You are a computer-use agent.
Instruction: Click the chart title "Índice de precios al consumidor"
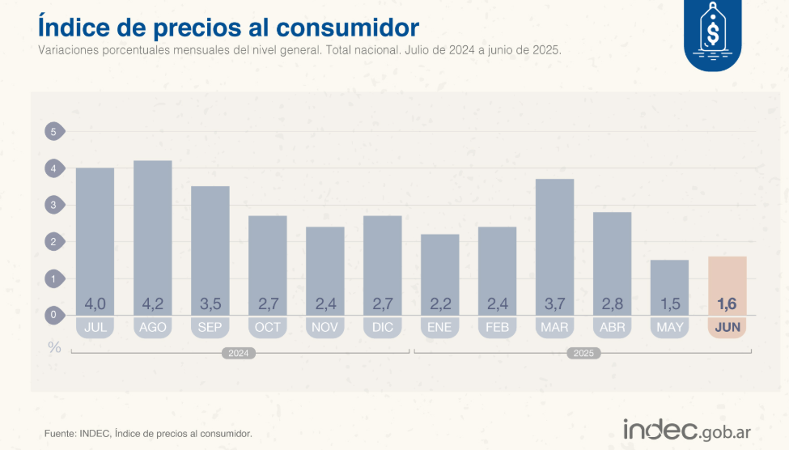228,26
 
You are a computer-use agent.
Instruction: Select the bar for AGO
152,235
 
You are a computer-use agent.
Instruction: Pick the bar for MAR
554,243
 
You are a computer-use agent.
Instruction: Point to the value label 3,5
210,304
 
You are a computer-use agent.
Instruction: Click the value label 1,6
727,304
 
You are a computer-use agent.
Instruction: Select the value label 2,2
439,304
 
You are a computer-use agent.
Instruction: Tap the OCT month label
267,328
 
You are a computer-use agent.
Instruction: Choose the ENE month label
439,328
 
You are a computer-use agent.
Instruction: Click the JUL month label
95,328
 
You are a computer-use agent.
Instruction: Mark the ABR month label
612,328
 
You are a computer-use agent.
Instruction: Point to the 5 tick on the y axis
54,132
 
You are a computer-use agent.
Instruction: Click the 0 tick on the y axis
54,316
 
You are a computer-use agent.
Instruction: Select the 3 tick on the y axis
54,206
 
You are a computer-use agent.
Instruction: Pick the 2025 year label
583,354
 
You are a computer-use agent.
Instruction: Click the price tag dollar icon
713,34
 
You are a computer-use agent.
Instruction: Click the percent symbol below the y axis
54,347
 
